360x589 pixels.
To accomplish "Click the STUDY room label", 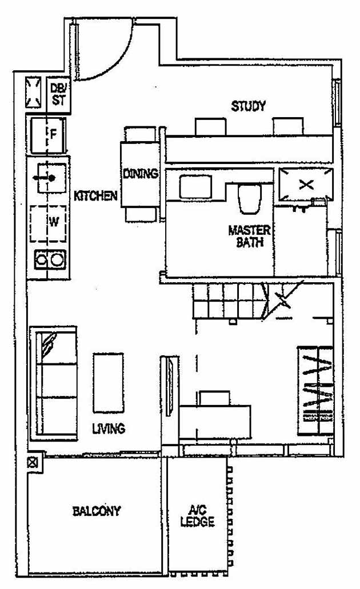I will point(248,106).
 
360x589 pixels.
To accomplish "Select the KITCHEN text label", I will point(95,196).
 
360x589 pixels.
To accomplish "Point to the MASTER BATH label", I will point(250,236).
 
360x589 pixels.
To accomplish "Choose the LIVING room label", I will point(109,428).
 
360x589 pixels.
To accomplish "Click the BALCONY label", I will point(97,511).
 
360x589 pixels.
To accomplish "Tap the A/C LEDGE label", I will point(197,516).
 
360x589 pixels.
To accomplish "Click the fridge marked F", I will point(48,135).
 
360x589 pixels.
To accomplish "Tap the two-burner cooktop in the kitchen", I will point(49,261).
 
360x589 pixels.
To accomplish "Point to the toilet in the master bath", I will point(249,199).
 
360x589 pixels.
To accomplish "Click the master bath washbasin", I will point(195,187).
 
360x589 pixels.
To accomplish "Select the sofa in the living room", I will point(53,383).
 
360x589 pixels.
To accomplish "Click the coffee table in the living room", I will point(109,382).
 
